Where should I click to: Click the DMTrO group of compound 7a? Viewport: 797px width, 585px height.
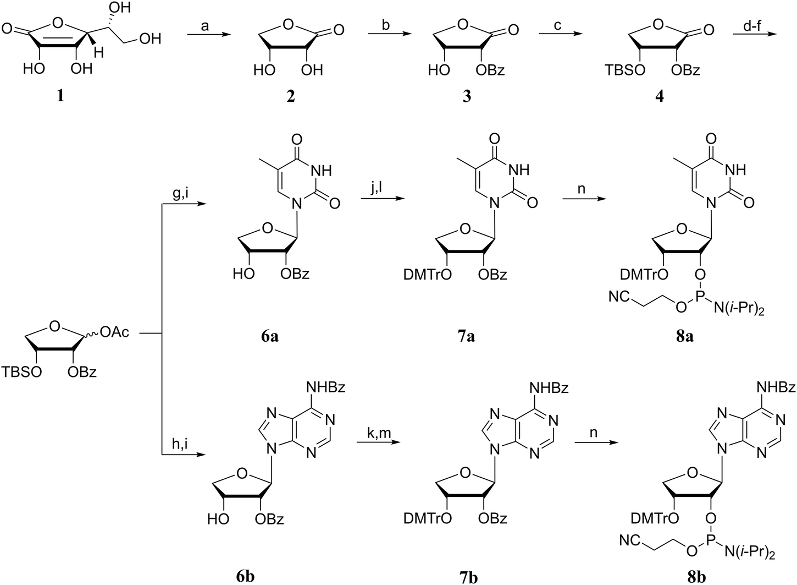(x=435, y=274)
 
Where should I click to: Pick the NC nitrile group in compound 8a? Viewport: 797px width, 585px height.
(x=619, y=297)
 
